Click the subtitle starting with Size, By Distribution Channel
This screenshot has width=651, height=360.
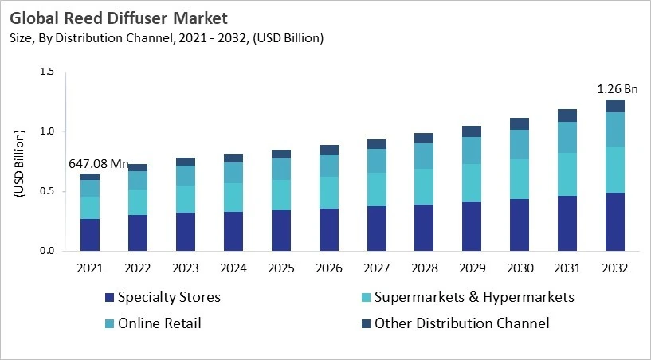167,37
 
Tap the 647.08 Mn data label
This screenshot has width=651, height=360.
97,164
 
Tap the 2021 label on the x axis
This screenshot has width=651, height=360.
90,268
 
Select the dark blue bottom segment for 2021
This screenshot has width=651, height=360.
90,235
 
